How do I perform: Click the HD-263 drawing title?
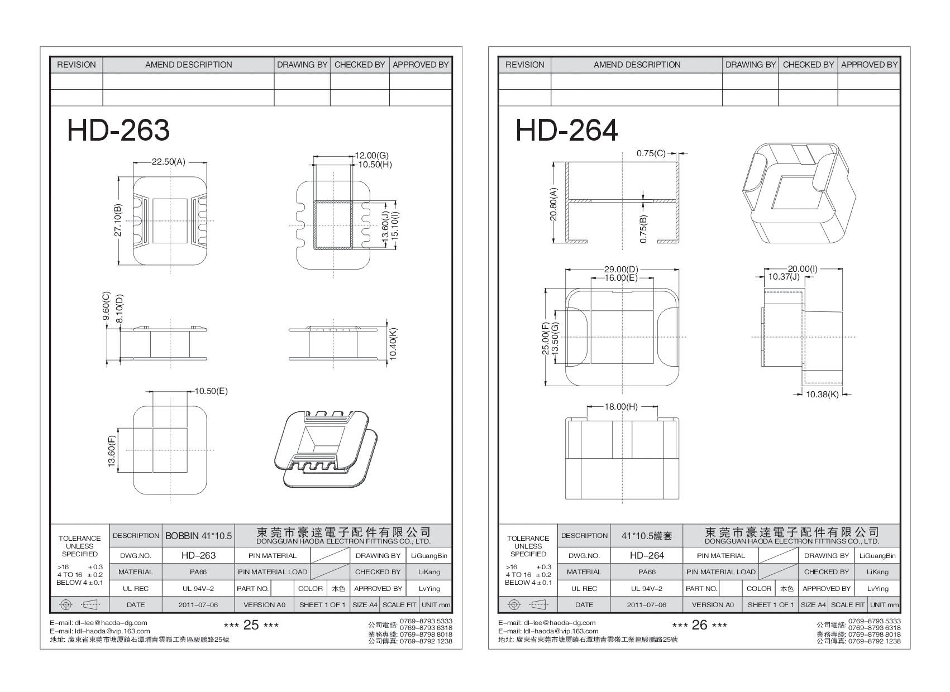click(x=118, y=131)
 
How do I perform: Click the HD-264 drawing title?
click(x=566, y=131)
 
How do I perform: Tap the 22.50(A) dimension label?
click(x=168, y=162)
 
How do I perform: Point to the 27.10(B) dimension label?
click(x=118, y=220)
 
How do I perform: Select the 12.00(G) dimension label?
click(x=371, y=156)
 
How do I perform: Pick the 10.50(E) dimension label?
click(x=211, y=391)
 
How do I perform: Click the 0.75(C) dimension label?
click(x=651, y=153)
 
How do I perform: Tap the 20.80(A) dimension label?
click(x=553, y=204)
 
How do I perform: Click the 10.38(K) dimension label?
click(x=822, y=394)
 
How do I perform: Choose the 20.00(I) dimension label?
click(x=803, y=269)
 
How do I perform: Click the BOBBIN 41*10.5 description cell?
click(x=198, y=536)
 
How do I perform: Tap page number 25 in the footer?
click(x=251, y=625)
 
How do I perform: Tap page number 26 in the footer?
click(x=700, y=625)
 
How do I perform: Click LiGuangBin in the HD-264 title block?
click(x=877, y=556)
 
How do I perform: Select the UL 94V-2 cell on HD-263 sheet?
click(x=198, y=589)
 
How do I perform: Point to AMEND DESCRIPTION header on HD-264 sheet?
click(x=637, y=65)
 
